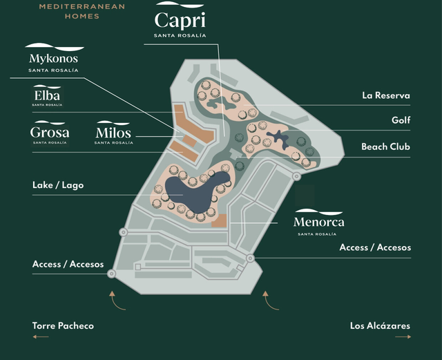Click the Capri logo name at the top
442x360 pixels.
(180, 20)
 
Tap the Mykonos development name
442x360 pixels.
(53, 59)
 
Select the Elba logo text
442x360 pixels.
(47, 95)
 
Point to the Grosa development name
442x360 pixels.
(50, 132)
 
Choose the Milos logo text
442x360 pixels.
(113, 133)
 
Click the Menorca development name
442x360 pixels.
(318, 222)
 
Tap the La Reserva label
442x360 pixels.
(386, 95)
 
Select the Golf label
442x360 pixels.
(401, 120)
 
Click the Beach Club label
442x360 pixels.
(385, 146)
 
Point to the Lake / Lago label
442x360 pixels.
(58, 185)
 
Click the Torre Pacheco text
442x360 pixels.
(63, 325)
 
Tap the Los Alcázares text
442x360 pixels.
(380, 325)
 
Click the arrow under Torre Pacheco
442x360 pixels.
(41, 337)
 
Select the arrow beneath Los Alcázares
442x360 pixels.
(403, 337)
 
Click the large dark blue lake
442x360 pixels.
(195, 193)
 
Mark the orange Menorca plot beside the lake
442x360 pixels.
(219, 220)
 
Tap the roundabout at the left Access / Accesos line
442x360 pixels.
(112, 274)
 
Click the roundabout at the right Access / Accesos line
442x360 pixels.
(250, 258)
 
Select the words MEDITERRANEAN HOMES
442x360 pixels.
(82, 11)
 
